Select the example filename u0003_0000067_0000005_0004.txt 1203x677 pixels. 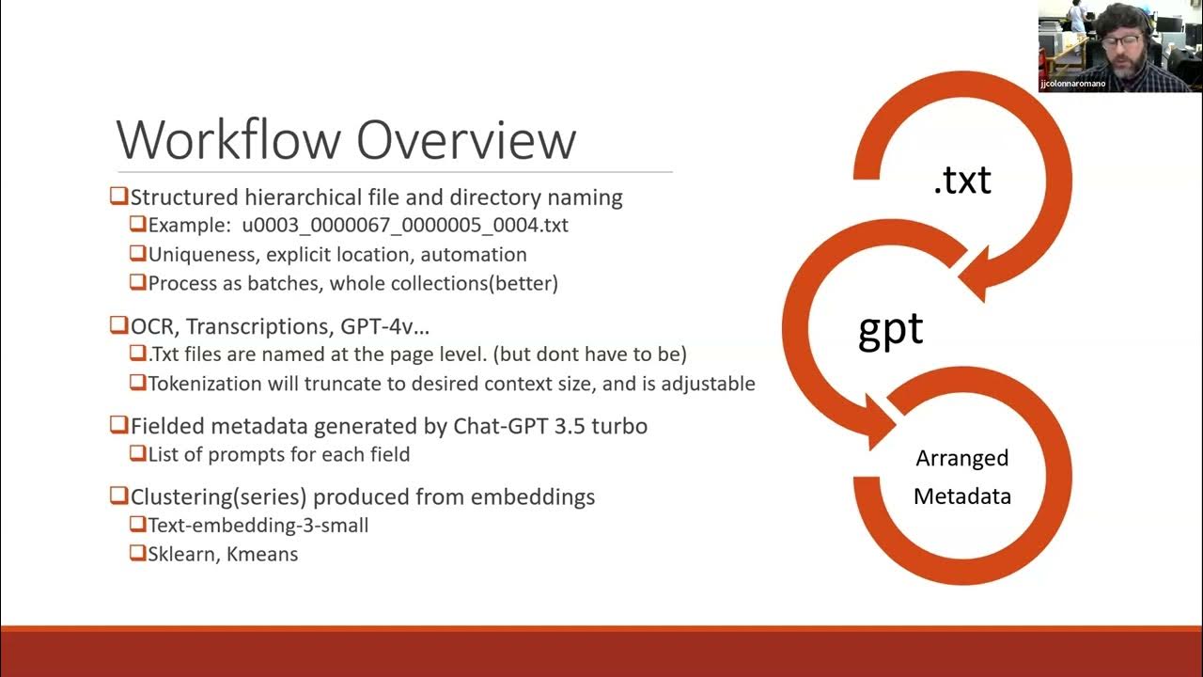tap(405, 226)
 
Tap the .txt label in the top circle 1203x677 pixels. tap(961, 179)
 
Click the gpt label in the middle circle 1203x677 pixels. tap(890, 330)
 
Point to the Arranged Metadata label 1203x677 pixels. tap(961, 477)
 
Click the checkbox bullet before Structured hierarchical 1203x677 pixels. tap(118, 197)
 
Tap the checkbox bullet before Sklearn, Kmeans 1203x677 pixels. tap(137, 553)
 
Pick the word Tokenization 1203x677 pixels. tap(208, 384)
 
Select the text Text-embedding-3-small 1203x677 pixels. tap(258, 525)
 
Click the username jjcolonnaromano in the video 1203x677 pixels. tap(1072, 84)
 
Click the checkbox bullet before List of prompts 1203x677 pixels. tap(137, 454)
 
